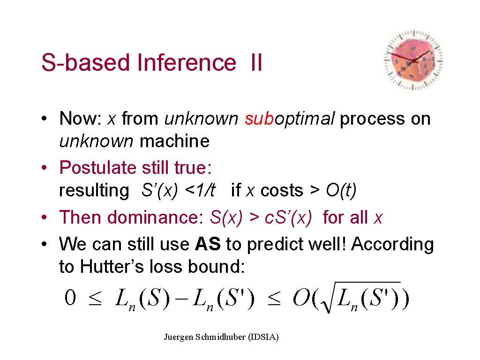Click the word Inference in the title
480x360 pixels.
(x=187, y=62)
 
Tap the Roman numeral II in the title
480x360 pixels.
(x=256, y=62)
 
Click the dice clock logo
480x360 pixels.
(x=413, y=60)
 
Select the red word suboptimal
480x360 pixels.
(x=290, y=119)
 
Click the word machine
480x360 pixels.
(x=174, y=141)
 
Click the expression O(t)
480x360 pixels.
(x=341, y=190)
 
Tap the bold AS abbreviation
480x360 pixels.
(x=208, y=244)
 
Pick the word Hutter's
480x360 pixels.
(x=112, y=266)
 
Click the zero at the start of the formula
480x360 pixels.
(x=70, y=297)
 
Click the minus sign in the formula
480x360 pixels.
(x=182, y=298)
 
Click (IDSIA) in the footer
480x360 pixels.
(x=263, y=337)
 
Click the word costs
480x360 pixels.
(x=282, y=190)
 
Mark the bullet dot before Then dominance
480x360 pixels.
(x=45, y=217)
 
